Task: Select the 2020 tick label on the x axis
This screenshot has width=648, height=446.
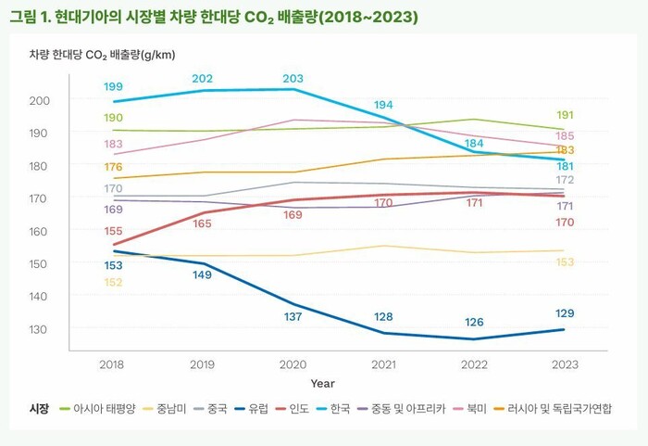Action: (x=293, y=365)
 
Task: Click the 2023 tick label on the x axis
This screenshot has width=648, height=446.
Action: (x=564, y=365)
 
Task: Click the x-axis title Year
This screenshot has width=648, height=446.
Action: (x=323, y=383)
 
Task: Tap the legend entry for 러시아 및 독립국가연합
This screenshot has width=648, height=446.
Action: (x=559, y=408)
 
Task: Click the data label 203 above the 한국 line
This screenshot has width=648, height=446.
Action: (x=293, y=78)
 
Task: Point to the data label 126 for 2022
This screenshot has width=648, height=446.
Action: (x=474, y=323)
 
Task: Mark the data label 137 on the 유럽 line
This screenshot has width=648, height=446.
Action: (x=293, y=318)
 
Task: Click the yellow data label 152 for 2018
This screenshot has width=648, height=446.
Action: (x=113, y=282)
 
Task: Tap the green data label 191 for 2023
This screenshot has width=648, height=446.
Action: (x=565, y=115)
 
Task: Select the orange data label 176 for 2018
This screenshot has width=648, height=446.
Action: (x=113, y=167)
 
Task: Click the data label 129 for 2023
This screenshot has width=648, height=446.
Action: (x=565, y=313)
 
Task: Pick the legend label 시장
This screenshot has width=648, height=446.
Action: (x=39, y=408)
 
